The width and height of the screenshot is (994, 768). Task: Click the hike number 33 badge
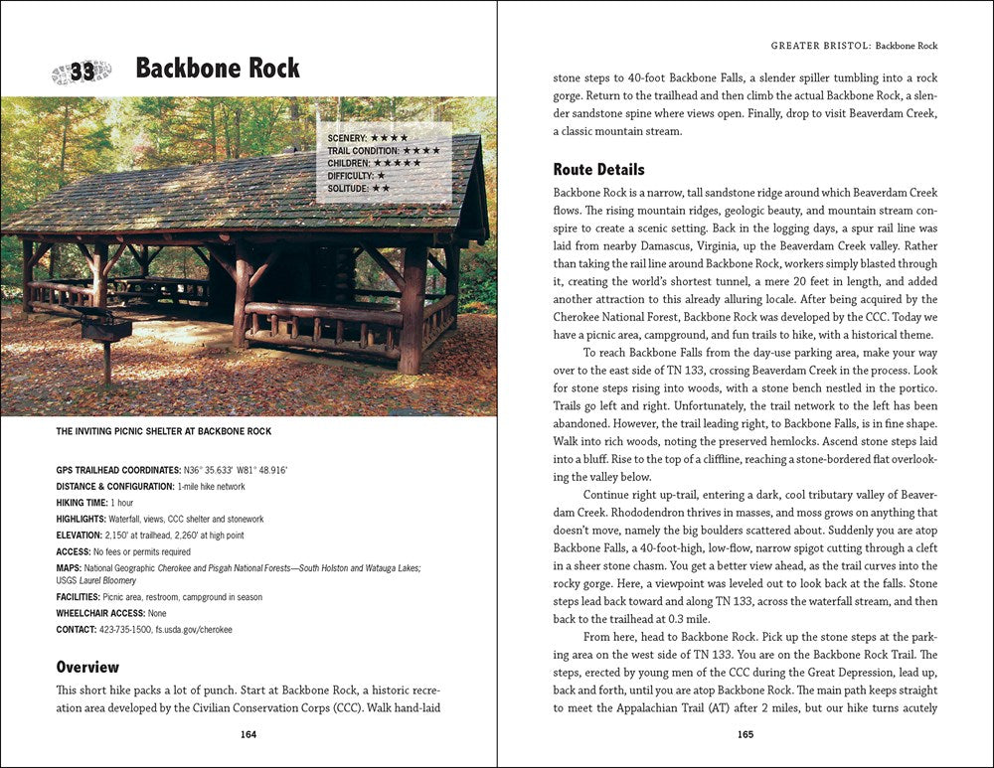click(82, 71)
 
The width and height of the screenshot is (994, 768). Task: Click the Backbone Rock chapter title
click(218, 69)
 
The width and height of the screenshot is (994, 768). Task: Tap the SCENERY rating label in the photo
click(347, 137)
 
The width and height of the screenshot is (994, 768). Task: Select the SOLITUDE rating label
click(348, 188)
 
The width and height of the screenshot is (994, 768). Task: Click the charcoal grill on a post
click(104, 328)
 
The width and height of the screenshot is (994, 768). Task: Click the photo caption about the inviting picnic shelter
click(164, 431)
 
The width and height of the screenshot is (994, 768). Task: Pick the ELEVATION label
click(80, 536)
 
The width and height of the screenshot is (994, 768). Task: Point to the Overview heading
click(87, 667)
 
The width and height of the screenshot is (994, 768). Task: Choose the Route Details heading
click(598, 169)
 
